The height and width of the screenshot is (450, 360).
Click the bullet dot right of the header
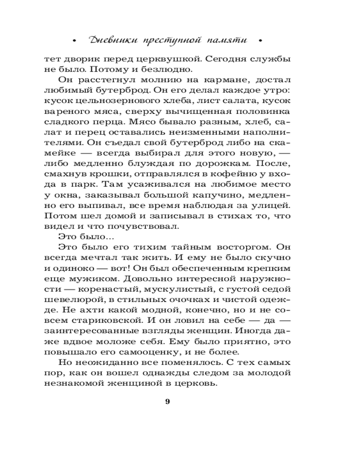[261, 41]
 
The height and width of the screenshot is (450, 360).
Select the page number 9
[167, 401]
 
